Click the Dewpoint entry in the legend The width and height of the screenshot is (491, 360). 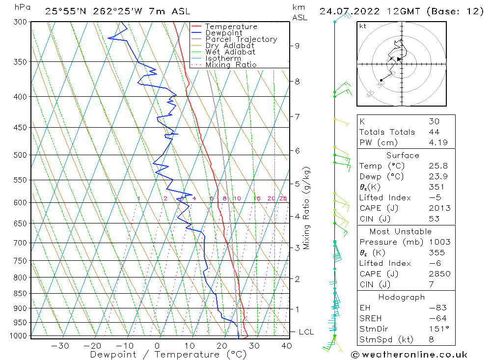223,33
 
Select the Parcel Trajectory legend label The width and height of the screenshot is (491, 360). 241,39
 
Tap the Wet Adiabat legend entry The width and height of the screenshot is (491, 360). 230,52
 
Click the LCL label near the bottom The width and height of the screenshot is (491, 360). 306,332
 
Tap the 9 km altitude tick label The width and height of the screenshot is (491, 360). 298,46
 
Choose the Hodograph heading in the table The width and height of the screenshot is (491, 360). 402,297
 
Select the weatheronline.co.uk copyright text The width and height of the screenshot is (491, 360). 409,354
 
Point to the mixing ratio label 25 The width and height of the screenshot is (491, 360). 283,198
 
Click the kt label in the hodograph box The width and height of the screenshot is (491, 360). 362,26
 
